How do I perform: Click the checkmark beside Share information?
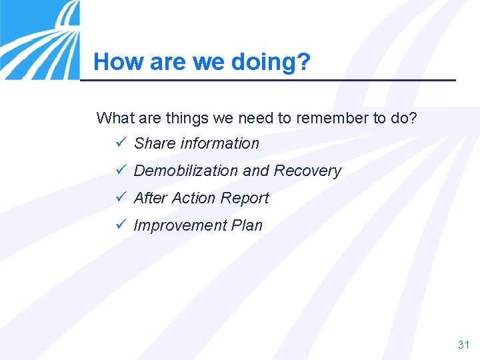click(120, 143)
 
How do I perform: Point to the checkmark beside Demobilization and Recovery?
click(120, 171)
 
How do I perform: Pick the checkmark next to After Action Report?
click(120, 198)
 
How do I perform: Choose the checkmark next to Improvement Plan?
click(120, 225)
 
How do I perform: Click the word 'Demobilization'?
click(186, 171)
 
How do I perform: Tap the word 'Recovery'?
click(307, 171)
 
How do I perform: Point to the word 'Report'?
click(245, 198)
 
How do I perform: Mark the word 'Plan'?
click(247, 225)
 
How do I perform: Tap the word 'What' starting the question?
click(114, 119)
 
